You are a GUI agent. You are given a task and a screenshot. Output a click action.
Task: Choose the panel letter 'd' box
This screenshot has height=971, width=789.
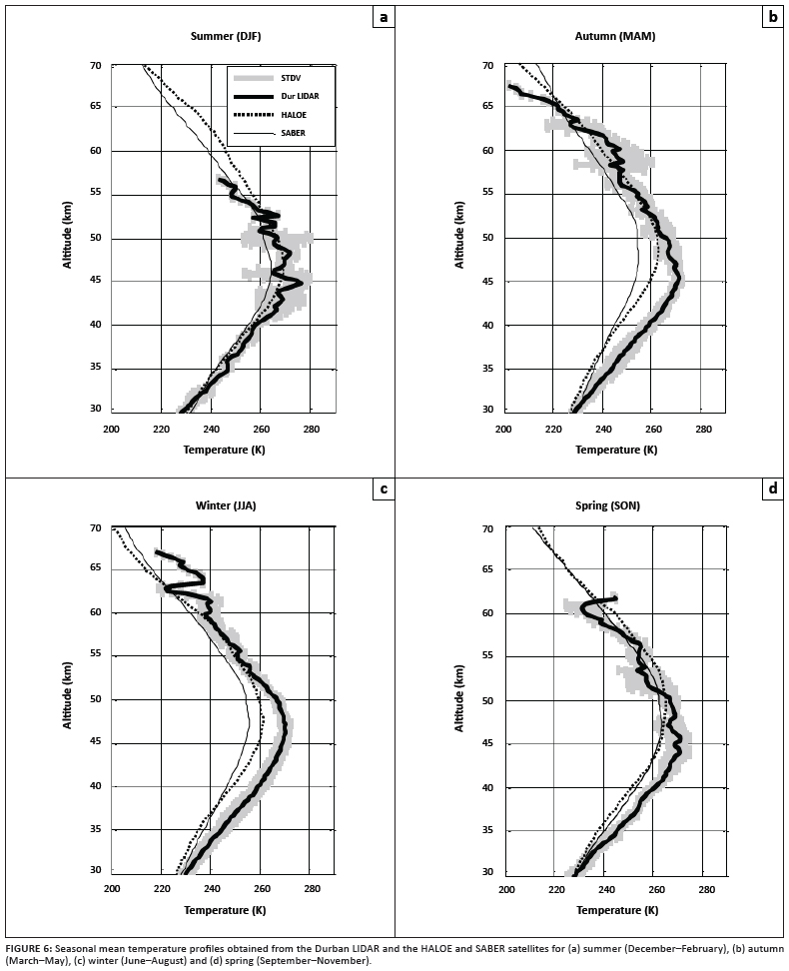[772, 488]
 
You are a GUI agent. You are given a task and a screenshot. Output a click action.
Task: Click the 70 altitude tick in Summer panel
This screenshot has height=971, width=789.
[96, 66]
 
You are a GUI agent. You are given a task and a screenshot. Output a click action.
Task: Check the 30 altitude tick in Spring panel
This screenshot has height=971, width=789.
[488, 871]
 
